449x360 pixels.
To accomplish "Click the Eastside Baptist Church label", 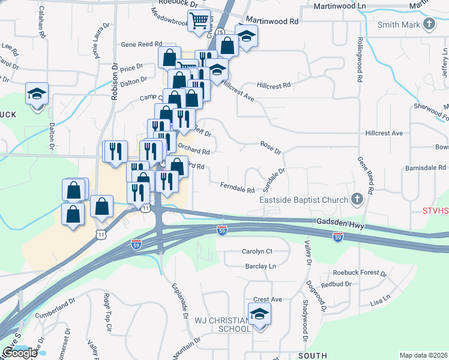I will [x=303, y=200].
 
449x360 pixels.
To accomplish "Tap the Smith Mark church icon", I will [x=429, y=24].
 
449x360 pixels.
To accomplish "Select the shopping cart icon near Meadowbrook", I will [x=199, y=20].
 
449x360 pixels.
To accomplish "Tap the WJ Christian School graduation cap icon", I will [x=259, y=314].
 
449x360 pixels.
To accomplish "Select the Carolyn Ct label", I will [x=257, y=251].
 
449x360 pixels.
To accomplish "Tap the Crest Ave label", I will [x=267, y=299].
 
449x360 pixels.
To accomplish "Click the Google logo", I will [x=20, y=353].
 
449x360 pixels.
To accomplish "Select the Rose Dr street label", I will [x=271, y=147].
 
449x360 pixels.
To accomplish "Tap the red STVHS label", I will [x=435, y=211].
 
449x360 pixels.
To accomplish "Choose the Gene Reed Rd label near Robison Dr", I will [x=142, y=44].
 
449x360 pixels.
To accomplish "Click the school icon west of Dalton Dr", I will [x=37, y=94].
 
